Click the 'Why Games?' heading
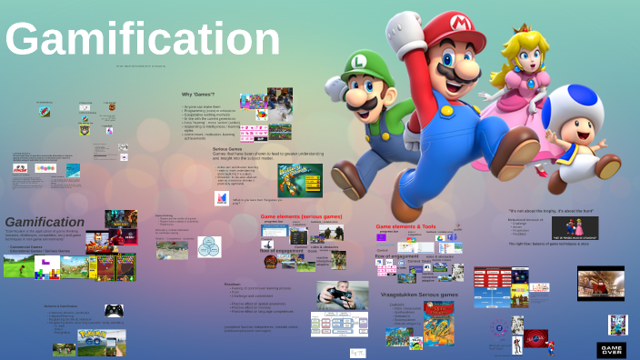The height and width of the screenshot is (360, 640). pyautogui.click(x=198, y=95)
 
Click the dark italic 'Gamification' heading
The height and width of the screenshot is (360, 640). pyautogui.click(x=45, y=222)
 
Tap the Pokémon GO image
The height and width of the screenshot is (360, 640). pyautogui.click(x=77, y=342)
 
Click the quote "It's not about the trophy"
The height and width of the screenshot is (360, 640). pyautogui.click(x=551, y=210)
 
